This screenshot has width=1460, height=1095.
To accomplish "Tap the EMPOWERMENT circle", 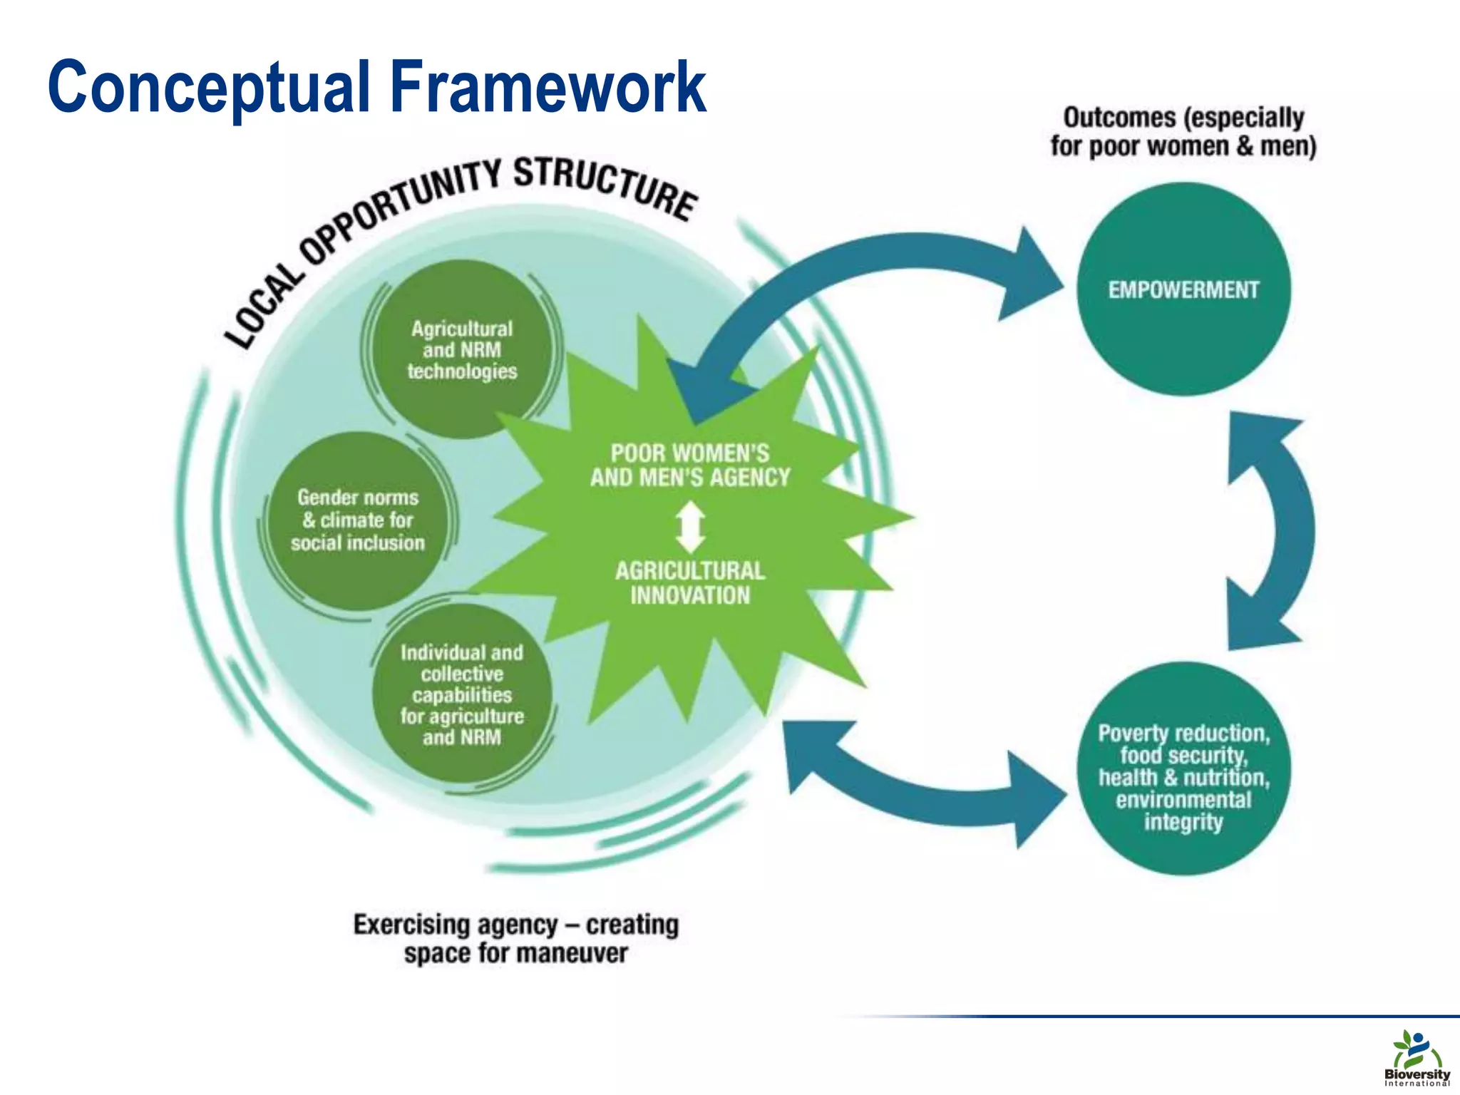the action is point(1183,289).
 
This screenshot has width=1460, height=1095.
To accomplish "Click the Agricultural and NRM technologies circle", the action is point(462,349).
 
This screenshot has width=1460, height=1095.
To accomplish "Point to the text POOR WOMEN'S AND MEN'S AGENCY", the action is point(690,465).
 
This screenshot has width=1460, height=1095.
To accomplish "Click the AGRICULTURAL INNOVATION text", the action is point(690,582).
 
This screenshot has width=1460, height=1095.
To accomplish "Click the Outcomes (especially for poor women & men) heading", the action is point(1183,132).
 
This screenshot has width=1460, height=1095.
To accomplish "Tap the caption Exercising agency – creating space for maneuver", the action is point(516,938).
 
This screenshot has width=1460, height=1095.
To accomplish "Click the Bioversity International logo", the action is point(1417,1058).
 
